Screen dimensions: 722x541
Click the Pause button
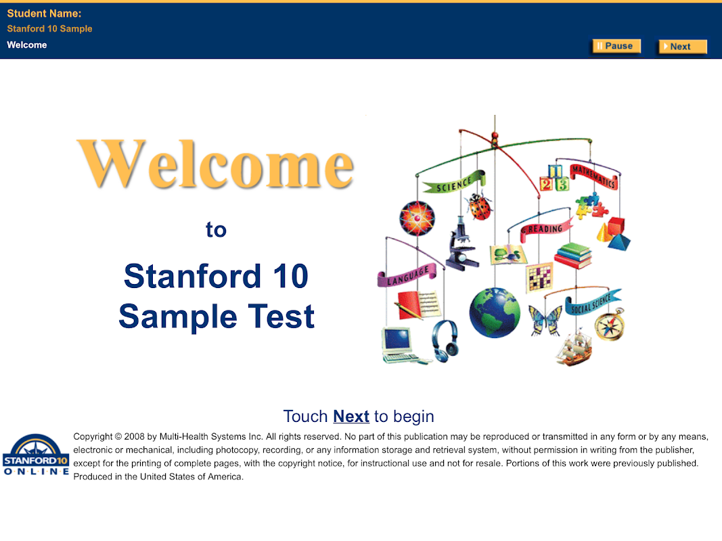pyautogui.click(x=616, y=46)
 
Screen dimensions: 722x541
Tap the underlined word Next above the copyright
pyautogui.click(x=351, y=417)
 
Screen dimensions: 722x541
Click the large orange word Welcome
pyautogui.click(x=215, y=164)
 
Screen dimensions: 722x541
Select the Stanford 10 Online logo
pyautogui.click(x=36, y=454)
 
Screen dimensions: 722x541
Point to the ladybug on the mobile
pyautogui.click(x=479, y=206)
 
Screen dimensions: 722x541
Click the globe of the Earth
pyautogui.click(x=495, y=313)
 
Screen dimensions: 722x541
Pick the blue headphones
pyautogui.click(x=445, y=341)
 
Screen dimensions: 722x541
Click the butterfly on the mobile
pyautogui.click(x=545, y=320)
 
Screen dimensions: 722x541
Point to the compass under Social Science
pyautogui.click(x=610, y=325)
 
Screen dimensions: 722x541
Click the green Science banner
pyautogui.click(x=454, y=183)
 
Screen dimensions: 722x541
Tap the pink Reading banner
pyautogui.click(x=546, y=229)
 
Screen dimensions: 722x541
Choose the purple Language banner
pyautogui.click(x=407, y=275)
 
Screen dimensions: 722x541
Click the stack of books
pyautogui.click(x=573, y=256)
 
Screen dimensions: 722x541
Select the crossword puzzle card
pyautogui.click(x=539, y=278)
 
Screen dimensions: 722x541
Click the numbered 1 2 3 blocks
pyautogui.click(x=554, y=178)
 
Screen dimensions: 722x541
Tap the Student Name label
pyautogui.click(x=44, y=14)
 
